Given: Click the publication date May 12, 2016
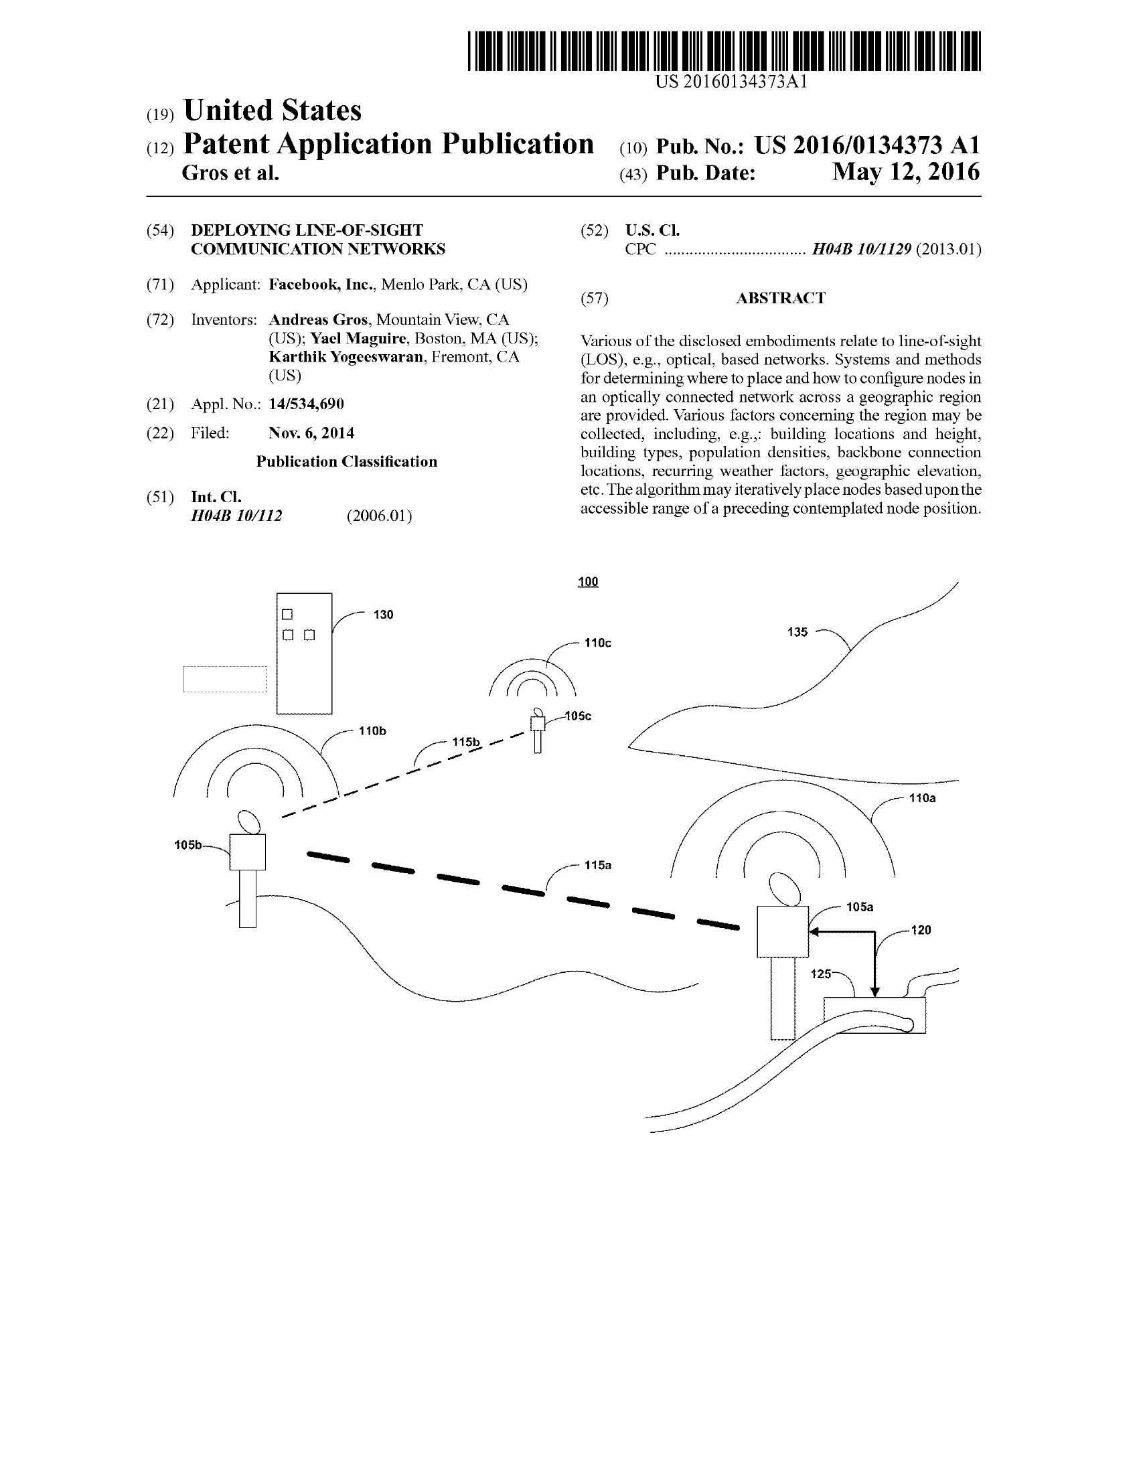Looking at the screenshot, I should coord(905,172).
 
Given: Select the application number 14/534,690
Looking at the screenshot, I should coord(306,404).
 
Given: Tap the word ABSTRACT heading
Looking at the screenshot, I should coord(780,298).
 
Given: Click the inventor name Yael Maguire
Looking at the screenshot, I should coord(358,338).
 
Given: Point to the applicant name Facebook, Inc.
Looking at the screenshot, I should coord(320,285).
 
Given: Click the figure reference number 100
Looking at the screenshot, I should coord(588,581).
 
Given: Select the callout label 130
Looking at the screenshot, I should coord(383,615).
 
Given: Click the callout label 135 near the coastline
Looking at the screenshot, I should coord(797,632).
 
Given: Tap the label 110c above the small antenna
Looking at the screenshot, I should coord(597,643).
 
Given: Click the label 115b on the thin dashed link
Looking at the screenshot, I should coord(465,742).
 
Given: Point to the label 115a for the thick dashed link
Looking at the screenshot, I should coord(597,864).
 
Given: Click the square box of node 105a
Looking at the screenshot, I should coord(782,931).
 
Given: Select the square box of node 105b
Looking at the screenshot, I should coord(247,852).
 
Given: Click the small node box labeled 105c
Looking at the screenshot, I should coord(537,724).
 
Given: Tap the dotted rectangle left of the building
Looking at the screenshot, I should coord(224,679).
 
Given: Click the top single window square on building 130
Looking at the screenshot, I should coord(287,614).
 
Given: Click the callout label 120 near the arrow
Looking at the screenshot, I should coord(921,930).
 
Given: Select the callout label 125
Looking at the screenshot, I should coord(821,974).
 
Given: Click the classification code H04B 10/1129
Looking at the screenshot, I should coord(861,249).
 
